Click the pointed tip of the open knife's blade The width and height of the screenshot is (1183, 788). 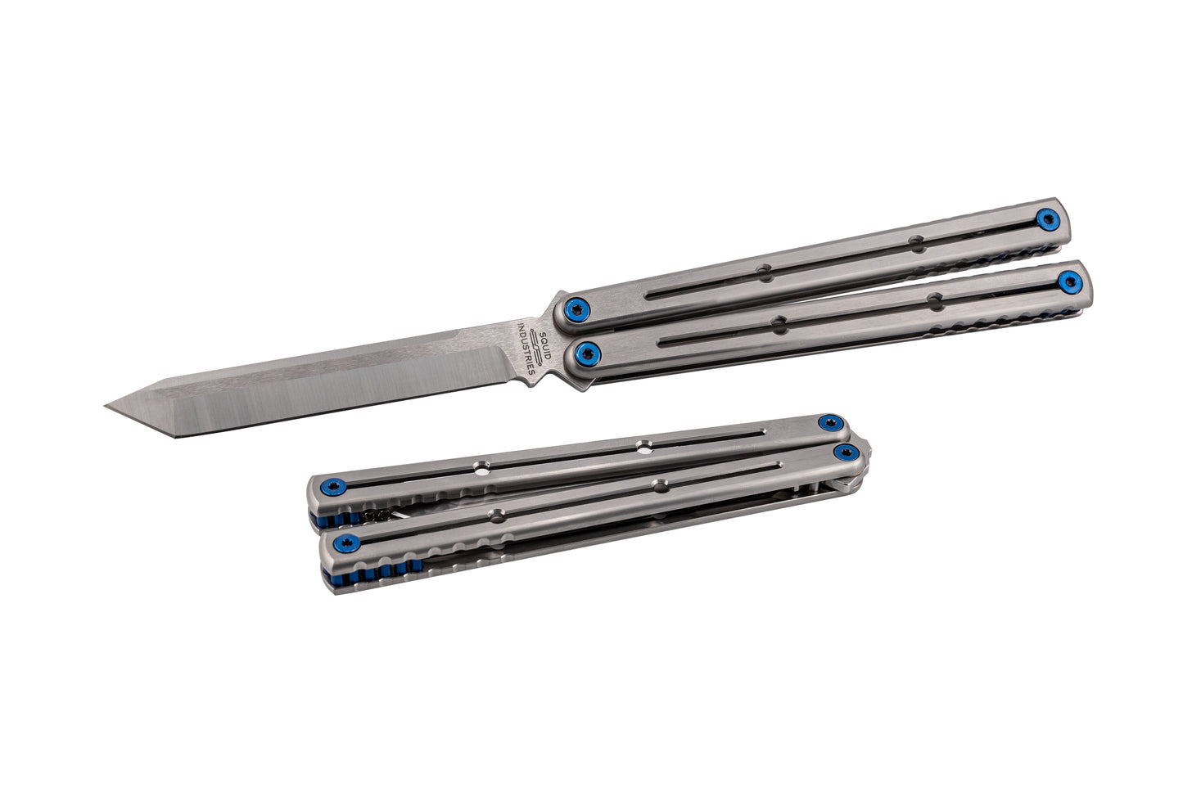(x=105, y=405)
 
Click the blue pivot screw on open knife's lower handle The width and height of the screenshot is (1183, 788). (x=588, y=353)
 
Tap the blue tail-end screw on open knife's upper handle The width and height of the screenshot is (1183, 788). (x=1048, y=219)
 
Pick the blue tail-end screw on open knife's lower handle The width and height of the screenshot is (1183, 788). (x=1070, y=283)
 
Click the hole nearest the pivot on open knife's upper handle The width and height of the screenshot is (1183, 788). (x=764, y=272)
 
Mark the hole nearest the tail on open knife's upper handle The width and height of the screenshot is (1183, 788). (x=917, y=243)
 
